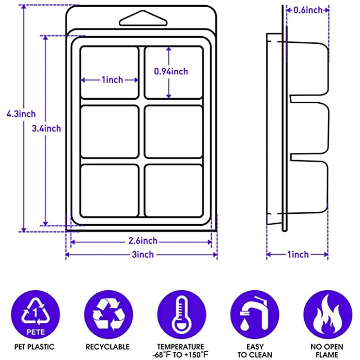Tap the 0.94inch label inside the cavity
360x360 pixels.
tap(171, 72)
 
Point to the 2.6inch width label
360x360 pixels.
tap(140, 241)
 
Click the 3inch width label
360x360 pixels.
tap(141, 255)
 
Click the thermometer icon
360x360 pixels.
tap(181, 314)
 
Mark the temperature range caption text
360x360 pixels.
tap(181, 351)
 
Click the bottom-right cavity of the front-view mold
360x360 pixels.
tap(173, 190)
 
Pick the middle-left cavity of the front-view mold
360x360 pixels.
tap(109, 131)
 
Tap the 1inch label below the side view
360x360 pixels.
tap(298, 255)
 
